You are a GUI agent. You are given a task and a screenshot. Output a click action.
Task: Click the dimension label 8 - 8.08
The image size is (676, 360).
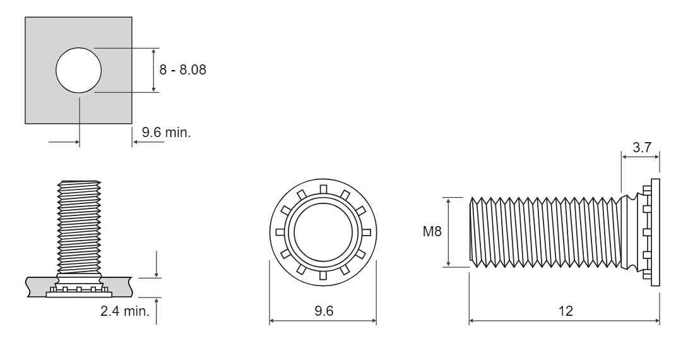183,69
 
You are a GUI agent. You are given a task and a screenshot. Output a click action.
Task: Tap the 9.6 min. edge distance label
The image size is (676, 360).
167,133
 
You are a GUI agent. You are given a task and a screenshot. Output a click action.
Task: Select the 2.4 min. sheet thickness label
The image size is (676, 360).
125,311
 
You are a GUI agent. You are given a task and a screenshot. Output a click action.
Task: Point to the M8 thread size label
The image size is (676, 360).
432,232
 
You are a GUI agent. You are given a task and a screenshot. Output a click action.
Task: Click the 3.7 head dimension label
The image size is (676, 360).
641,147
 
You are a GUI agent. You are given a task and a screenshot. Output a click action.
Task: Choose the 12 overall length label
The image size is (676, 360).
566,311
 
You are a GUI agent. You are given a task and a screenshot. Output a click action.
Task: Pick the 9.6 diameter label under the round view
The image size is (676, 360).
323,311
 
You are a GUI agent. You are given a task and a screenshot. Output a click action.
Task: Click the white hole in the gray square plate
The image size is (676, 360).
78,70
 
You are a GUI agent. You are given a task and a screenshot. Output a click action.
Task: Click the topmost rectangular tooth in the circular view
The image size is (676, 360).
323,189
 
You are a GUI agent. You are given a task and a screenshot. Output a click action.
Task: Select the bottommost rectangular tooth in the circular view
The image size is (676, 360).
323,275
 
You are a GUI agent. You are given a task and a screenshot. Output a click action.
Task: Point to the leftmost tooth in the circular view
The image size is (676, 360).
280,232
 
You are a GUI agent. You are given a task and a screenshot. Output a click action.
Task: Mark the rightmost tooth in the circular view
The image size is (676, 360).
367,232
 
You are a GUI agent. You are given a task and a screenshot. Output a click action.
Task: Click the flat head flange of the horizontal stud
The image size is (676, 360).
655,232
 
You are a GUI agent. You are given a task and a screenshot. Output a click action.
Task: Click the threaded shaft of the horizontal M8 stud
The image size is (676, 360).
546,232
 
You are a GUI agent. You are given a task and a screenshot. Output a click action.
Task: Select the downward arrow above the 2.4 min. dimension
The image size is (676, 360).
157,264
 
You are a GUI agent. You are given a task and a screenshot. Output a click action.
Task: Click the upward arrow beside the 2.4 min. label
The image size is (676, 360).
157,311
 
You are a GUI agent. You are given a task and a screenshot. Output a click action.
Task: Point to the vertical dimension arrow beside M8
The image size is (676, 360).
449,232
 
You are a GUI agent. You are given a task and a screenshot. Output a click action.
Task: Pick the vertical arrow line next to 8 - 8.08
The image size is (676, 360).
154,70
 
